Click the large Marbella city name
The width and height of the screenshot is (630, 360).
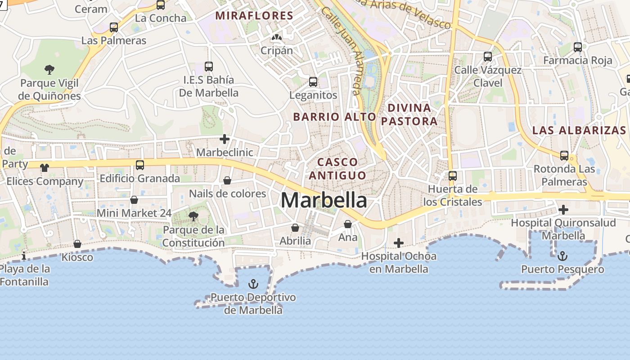point(324,200)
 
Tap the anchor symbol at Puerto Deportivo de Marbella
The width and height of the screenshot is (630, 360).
point(253,284)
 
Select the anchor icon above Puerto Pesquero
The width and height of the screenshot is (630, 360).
point(562,256)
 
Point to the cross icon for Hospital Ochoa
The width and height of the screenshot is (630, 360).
point(398,243)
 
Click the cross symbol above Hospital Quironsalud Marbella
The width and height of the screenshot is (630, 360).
point(563,209)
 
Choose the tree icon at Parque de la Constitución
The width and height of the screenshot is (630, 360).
point(193,216)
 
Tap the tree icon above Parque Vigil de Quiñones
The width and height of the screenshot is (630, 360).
point(49,69)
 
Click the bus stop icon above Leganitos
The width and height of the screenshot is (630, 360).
point(313,82)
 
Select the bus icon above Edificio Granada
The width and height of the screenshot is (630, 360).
point(140,165)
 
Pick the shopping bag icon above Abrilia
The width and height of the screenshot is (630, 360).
point(295,228)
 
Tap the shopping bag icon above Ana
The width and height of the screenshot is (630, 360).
point(348,224)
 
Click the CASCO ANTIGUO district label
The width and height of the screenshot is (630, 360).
point(337,168)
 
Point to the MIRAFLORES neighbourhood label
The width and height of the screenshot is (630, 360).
point(254,16)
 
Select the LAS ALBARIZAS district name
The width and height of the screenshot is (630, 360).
point(579,130)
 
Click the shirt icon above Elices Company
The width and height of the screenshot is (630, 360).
point(45,168)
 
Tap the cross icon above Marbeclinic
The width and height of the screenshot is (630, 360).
point(225,139)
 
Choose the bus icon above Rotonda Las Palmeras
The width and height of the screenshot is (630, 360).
point(564,156)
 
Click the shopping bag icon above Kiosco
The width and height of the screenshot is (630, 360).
point(77,244)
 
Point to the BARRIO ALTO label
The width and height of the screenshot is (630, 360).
point(334,117)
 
